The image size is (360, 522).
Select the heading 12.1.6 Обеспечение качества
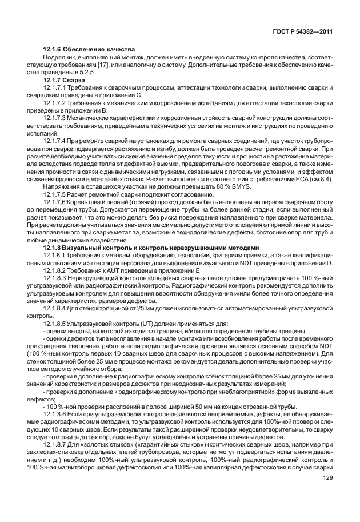(x=88, y=50)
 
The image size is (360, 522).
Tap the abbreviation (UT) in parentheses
(x=138, y=322)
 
